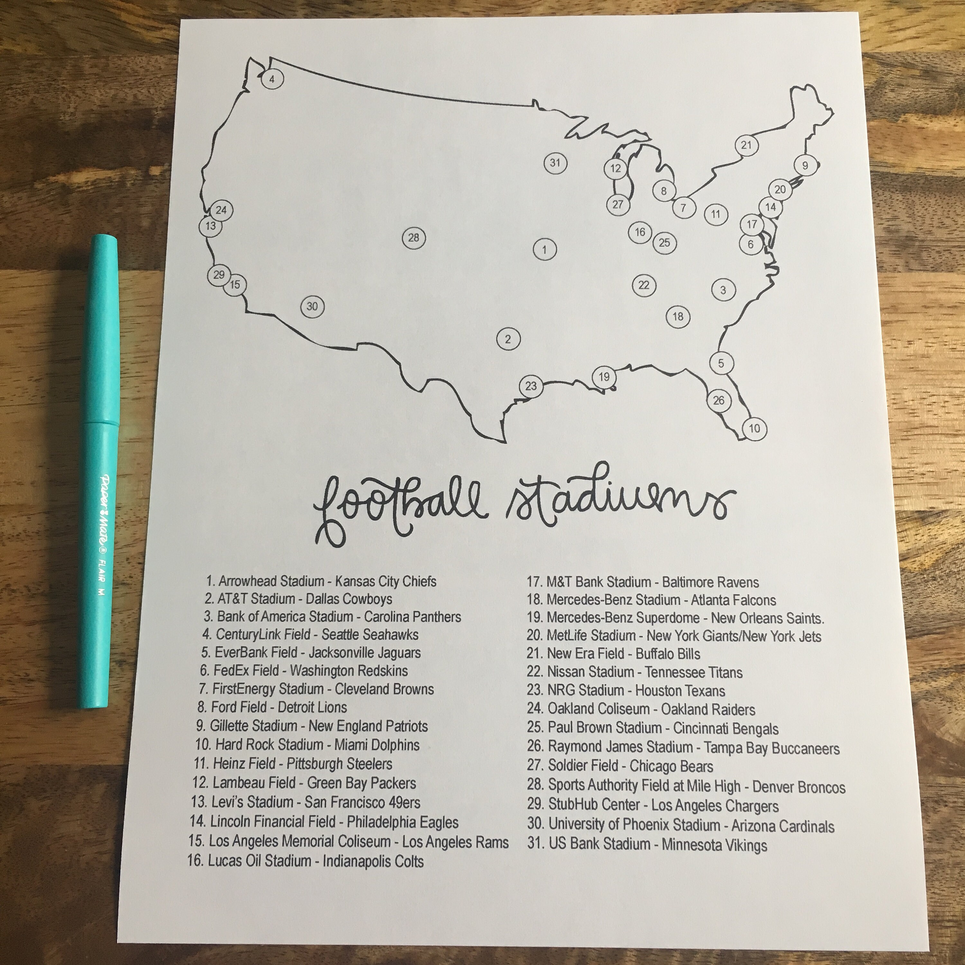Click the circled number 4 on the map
click(x=272, y=79)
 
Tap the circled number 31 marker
click(x=555, y=163)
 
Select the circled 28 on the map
click(x=414, y=238)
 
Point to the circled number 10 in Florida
click(x=754, y=428)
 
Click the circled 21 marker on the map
click(x=746, y=145)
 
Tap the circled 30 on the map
click(x=312, y=306)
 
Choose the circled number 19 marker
click(x=604, y=377)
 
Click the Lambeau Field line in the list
click(x=304, y=783)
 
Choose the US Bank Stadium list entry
click(x=647, y=845)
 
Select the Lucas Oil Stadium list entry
click(x=306, y=861)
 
